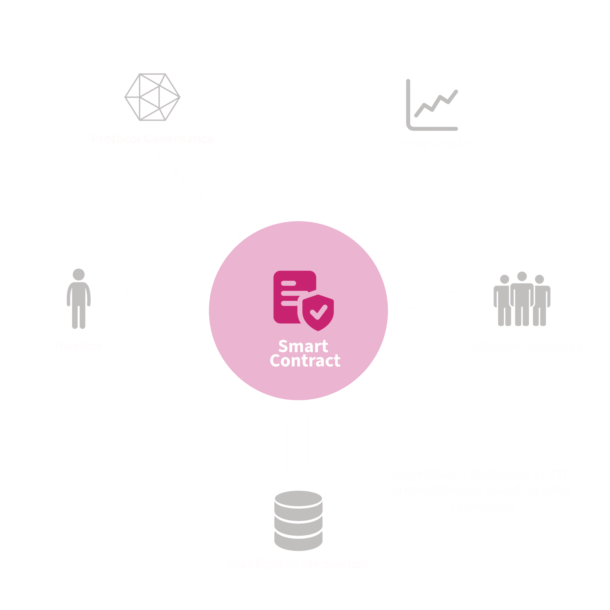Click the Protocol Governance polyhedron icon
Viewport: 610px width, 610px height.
pyautogui.click(x=152, y=97)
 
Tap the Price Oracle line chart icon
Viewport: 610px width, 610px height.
pyautogui.click(x=432, y=106)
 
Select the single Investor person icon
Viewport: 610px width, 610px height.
pyautogui.click(x=79, y=298)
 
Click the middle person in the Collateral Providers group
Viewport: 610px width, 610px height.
pyautogui.click(x=522, y=298)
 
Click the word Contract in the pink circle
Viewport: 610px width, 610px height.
pyautogui.click(x=305, y=361)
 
